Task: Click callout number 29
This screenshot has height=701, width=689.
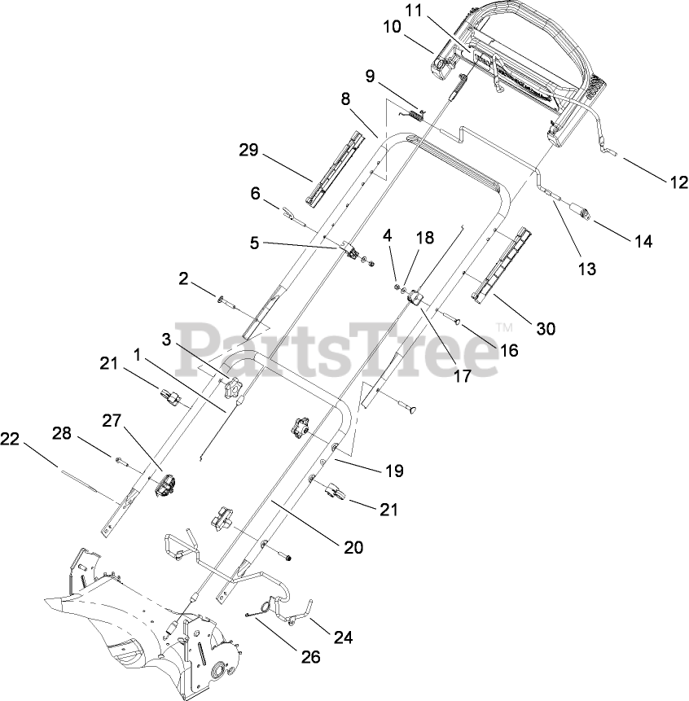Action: point(248,151)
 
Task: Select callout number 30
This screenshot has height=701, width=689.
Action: point(545,328)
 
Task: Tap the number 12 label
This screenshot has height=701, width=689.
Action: point(678,183)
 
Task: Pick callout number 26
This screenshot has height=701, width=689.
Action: point(309,657)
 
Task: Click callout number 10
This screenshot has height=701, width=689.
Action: point(393,26)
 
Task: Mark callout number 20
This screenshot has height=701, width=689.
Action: point(353,548)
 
